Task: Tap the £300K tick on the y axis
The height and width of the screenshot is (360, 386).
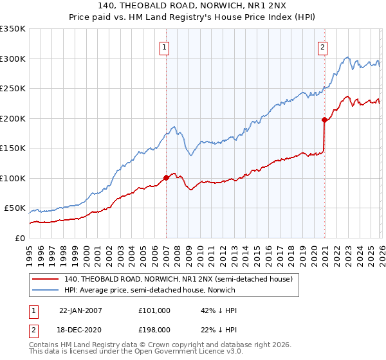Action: tap(13, 59)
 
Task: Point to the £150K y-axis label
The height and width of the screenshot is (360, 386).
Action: tap(13, 148)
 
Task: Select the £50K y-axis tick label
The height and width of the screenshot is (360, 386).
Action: tap(15, 208)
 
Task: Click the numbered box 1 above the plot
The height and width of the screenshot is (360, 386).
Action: tap(165, 46)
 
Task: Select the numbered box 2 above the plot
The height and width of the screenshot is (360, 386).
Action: tap(322, 46)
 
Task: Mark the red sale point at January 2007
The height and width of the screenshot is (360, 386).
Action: tap(166, 177)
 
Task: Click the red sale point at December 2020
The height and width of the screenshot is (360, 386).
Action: tap(324, 120)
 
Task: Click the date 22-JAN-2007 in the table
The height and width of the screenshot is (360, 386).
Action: tap(80, 310)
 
